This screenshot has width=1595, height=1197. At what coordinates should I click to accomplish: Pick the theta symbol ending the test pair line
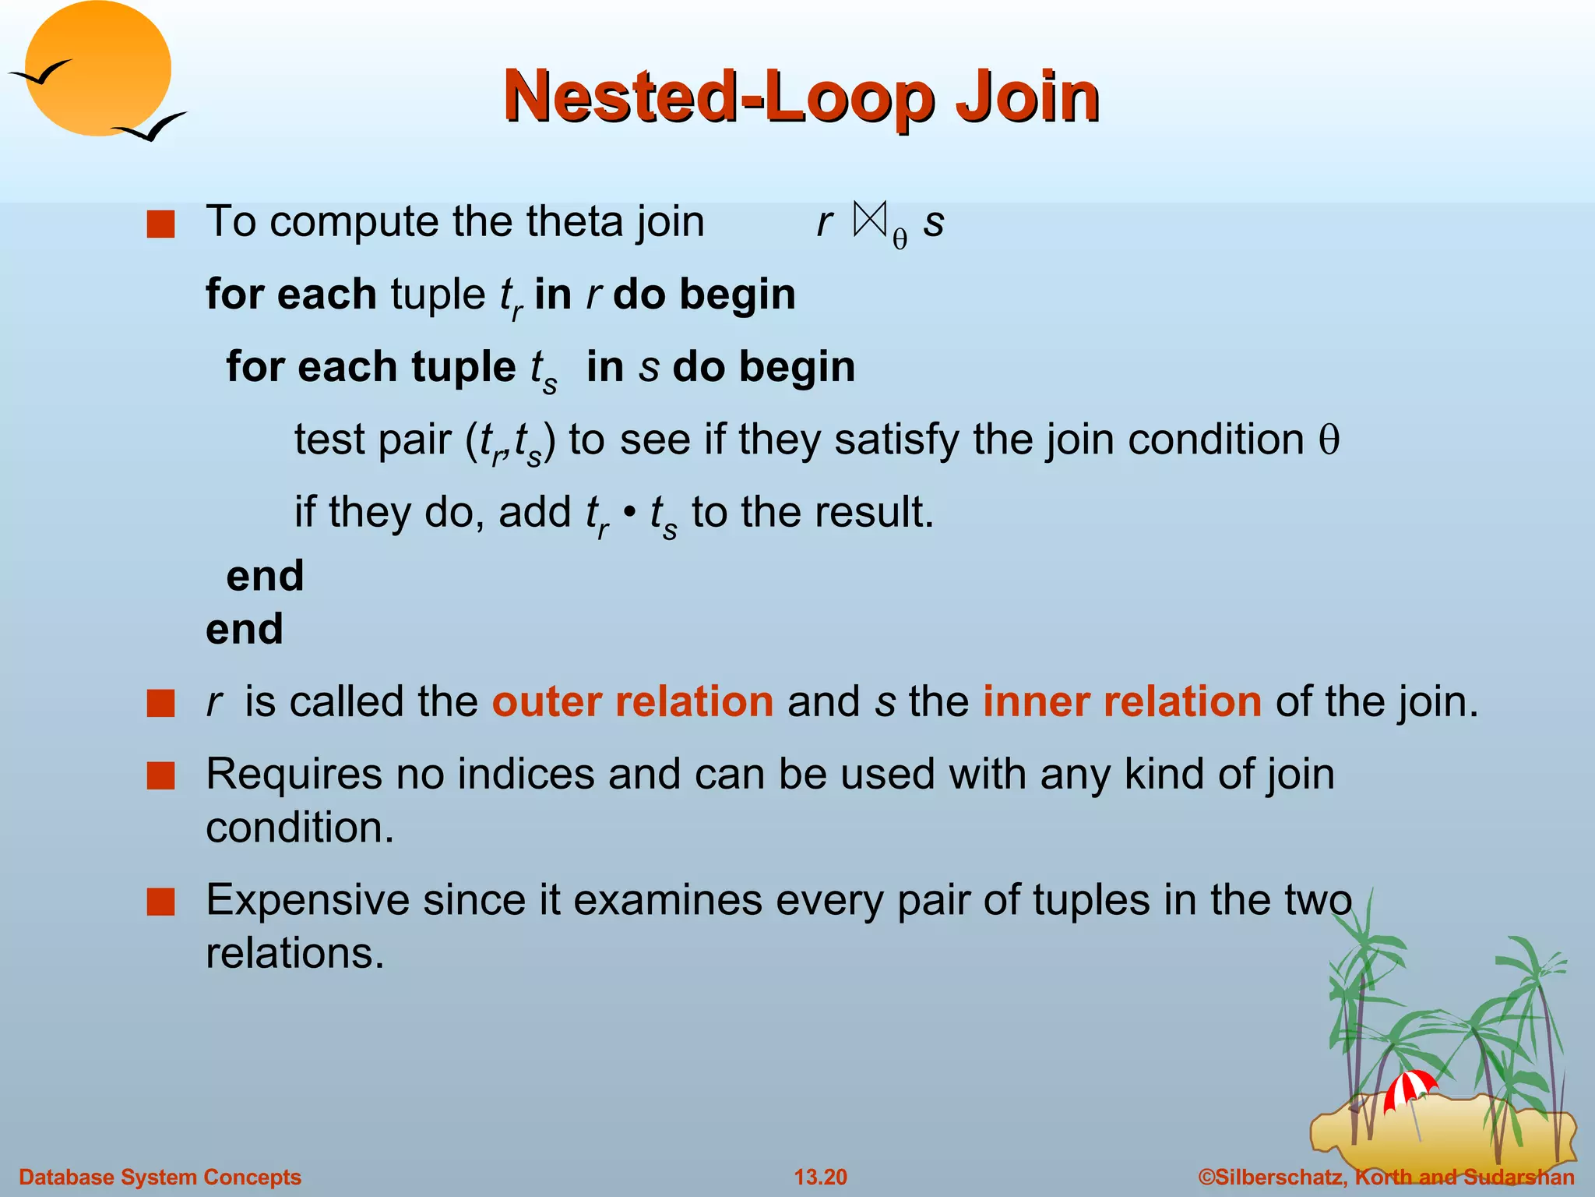(1329, 440)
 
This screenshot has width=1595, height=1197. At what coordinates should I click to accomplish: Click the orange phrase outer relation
(632, 701)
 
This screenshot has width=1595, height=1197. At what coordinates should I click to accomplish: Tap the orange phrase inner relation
(1121, 701)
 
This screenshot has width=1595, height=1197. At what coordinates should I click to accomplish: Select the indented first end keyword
(265, 577)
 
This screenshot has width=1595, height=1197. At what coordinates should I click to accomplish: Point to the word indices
(526, 775)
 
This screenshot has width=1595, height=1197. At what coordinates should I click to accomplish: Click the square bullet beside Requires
(161, 776)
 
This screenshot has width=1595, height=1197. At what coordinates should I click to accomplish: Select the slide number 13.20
(820, 1177)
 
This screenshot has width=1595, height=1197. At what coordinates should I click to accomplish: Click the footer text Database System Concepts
(160, 1177)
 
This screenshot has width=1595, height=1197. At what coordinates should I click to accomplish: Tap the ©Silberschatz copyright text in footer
(1386, 1177)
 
